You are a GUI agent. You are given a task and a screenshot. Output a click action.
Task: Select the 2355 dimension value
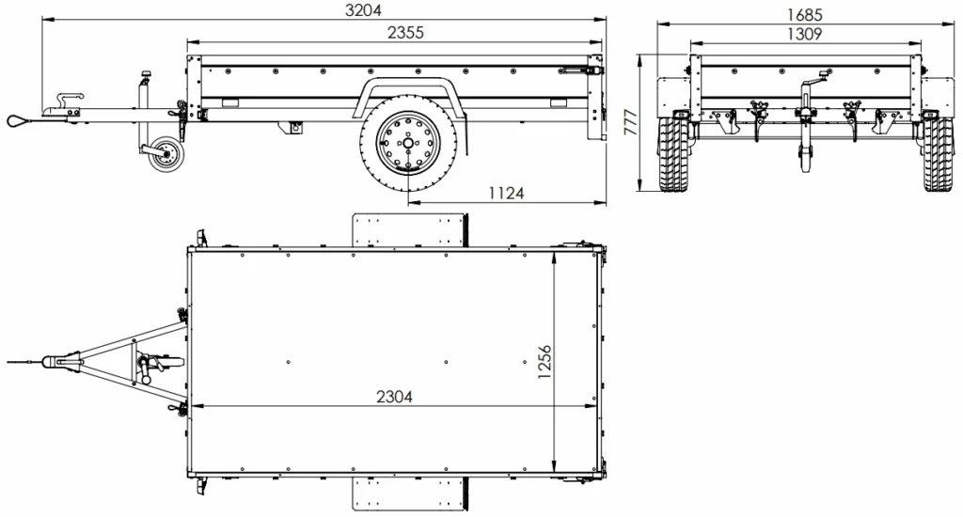click(404, 32)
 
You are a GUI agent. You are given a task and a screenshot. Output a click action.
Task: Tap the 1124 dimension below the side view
click(506, 193)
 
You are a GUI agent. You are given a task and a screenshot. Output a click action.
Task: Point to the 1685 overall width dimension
click(806, 14)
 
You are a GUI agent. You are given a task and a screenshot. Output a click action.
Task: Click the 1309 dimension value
click(806, 34)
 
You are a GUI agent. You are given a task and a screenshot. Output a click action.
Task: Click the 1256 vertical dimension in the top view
click(545, 362)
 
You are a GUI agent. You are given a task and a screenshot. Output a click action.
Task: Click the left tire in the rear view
click(673, 154)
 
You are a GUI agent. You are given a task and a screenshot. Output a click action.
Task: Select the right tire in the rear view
click(938, 154)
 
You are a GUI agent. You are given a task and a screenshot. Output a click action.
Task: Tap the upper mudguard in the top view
click(410, 229)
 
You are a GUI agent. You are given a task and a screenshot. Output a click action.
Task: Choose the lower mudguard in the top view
click(410, 493)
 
